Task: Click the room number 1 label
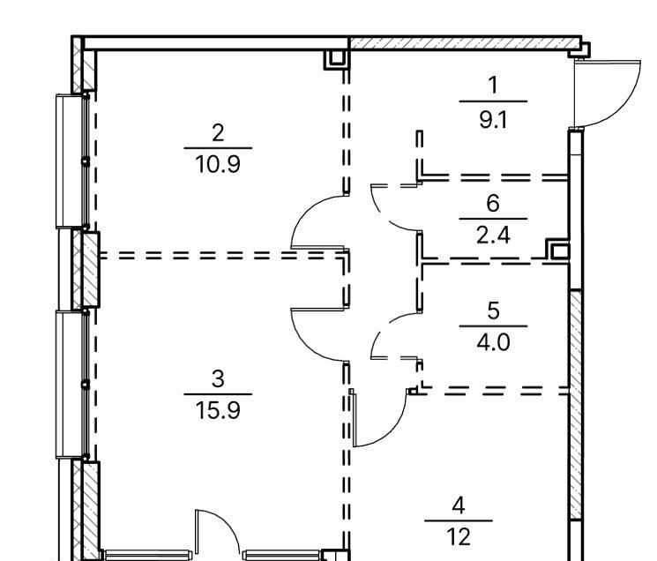pyautogui.click(x=494, y=85)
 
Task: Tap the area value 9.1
pyautogui.click(x=493, y=120)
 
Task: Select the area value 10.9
pyautogui.click(x=218, y=165)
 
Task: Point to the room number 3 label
pyautogui.click(x=218, y=378)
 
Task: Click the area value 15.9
pyautogui.click(x=218, y=410)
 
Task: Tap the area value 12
pyautogui.click(x=459, y=537)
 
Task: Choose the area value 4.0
pyautogui.click(x=493, y=342)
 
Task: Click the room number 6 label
pyautogui.click(x=493, y=203)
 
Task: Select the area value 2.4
pyautogui.click(x=493, y=235)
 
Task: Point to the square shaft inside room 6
pyautogui.click(x=557, y=250)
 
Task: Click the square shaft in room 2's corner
pyautogui.click(x=336, y=59)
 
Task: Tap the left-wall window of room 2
pyautogui.click(x=72, y=161)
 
